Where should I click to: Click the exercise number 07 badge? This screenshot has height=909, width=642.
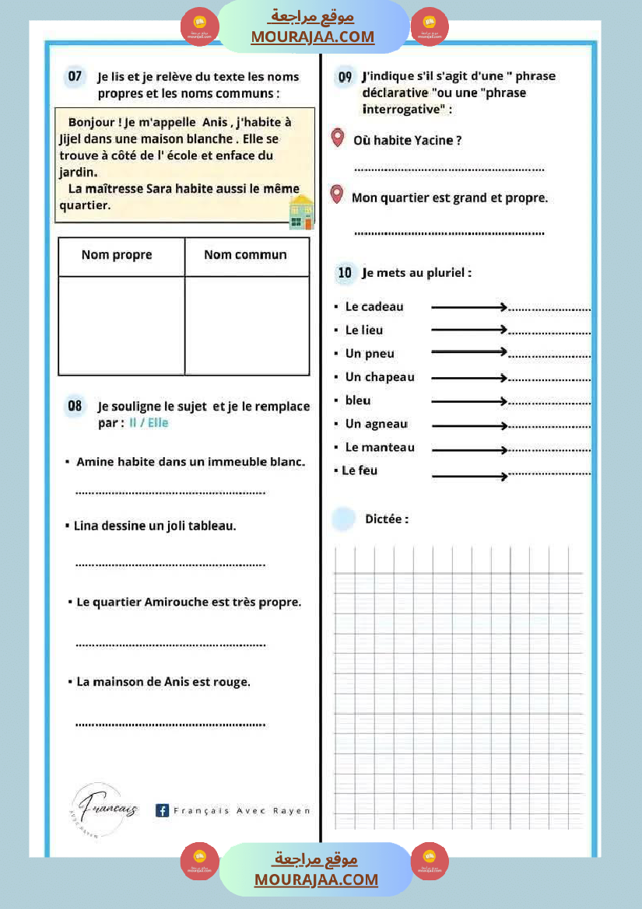click(75, 76)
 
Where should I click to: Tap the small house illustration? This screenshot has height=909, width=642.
click(301, 212)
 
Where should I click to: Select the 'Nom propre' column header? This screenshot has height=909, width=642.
click(117, 255)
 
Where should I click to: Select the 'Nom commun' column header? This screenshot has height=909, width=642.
click(245, 255)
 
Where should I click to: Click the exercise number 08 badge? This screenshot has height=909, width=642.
click(75, 405)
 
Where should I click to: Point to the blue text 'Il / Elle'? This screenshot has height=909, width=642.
click(149, 423)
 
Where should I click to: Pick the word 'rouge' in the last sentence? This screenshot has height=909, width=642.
click(232, 682)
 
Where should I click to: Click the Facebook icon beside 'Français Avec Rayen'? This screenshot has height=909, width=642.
click(163, 810)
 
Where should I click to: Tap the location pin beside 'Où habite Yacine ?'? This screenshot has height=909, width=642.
click(337, 138)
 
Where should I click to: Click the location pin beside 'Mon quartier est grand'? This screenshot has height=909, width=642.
click(336, 194)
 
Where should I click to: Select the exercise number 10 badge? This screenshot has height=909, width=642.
click(345, 273)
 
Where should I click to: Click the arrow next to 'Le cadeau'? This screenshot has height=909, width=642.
click(469, 307)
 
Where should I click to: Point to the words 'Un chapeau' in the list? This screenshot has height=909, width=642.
click(380, 377)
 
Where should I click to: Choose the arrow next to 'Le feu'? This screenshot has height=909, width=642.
click(469, 476)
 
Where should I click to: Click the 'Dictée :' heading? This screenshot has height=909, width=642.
click(387, 519)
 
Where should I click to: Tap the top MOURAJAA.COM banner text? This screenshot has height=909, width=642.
click(312, 37)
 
